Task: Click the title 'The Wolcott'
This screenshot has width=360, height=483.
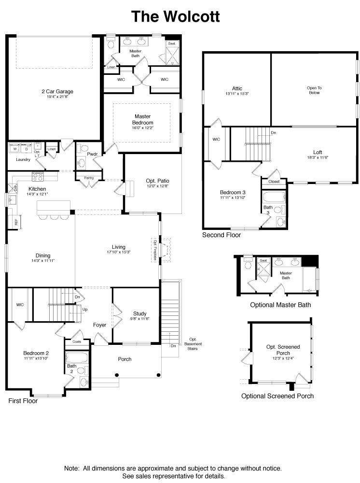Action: [176, 17]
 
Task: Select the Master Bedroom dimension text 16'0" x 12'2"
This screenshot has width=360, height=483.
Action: [143, 128]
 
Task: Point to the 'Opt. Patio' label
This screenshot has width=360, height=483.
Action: [157, 182]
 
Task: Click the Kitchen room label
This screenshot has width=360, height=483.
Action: [37, 189]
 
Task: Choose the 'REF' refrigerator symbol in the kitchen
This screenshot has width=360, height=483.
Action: [16, 222]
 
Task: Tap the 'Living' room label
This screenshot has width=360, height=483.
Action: [118, 247]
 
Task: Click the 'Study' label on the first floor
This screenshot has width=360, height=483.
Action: [139, 313]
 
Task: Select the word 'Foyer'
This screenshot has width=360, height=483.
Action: [100, 325]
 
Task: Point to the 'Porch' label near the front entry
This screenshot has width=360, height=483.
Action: [125, 359]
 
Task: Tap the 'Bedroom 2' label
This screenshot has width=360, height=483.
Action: [36, 353]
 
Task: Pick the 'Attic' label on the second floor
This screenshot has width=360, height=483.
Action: [237, 88]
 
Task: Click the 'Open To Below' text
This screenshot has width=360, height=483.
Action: [314, 90]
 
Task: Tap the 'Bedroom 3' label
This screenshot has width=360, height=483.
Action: [233, 193]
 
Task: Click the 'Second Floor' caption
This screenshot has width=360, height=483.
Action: [222, 235]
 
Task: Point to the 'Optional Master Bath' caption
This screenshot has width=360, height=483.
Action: [280, 305]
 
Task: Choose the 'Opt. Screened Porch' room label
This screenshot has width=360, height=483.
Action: [283, 350]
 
